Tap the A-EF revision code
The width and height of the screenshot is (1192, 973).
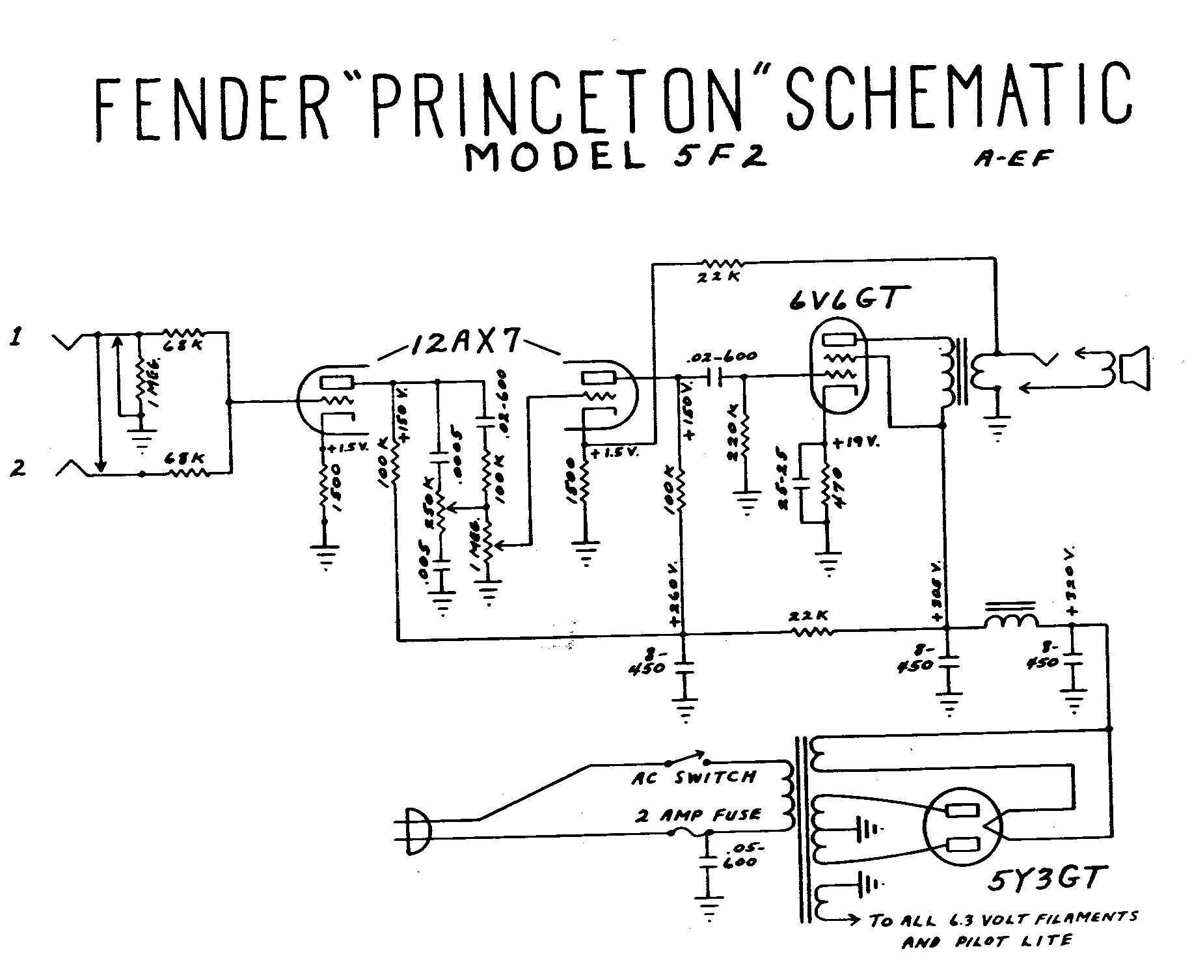pos(1010,159)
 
